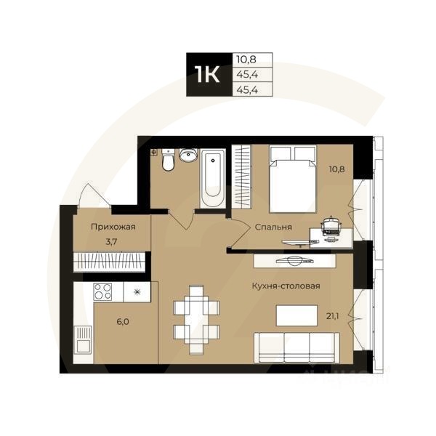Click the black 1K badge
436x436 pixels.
click(x=209, y=75)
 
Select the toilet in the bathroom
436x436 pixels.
click(x=169, y=160)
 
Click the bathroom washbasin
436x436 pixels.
click(x=188, y=155)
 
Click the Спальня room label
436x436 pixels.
click(x=273, y=227)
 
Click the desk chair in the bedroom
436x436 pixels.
click(x=330, y=225)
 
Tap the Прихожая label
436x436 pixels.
click(x=113, y=227)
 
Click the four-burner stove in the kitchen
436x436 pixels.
click(x=102, y=292)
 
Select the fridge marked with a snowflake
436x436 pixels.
click(x=136, y=292)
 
